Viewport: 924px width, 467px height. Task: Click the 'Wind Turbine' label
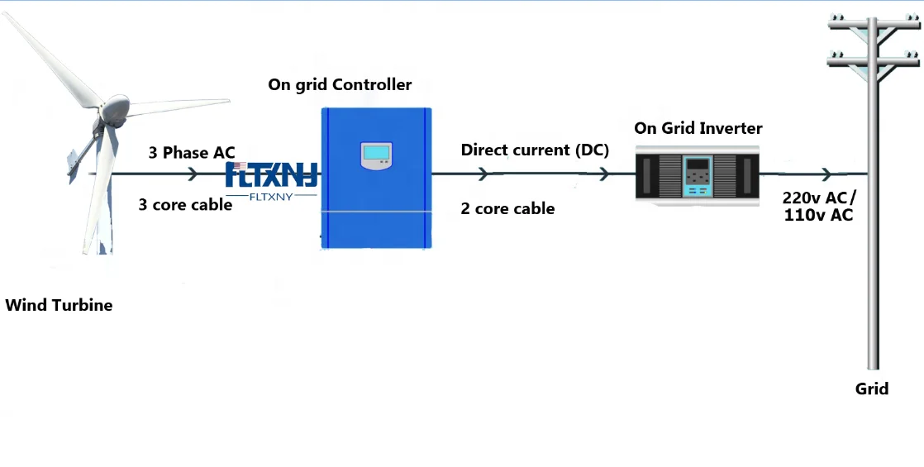59,306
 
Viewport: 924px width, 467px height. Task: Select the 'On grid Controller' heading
340,84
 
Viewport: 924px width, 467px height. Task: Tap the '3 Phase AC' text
192,153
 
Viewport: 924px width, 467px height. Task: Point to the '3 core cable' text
185,205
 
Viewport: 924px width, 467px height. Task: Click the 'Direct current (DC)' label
535,150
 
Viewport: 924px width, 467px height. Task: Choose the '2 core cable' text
507,209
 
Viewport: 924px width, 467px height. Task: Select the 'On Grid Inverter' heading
698,128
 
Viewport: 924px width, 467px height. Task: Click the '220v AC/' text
819,198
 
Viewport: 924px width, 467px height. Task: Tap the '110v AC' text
817,216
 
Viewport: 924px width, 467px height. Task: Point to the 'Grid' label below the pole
872,388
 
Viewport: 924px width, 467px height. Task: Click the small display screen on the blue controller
375,153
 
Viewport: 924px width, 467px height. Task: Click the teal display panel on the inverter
697,174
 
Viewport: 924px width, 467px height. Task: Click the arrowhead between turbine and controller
193,174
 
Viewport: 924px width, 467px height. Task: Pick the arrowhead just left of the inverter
604,174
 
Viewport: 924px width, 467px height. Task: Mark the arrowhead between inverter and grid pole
826,174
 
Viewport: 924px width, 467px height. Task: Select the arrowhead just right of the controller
483,174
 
